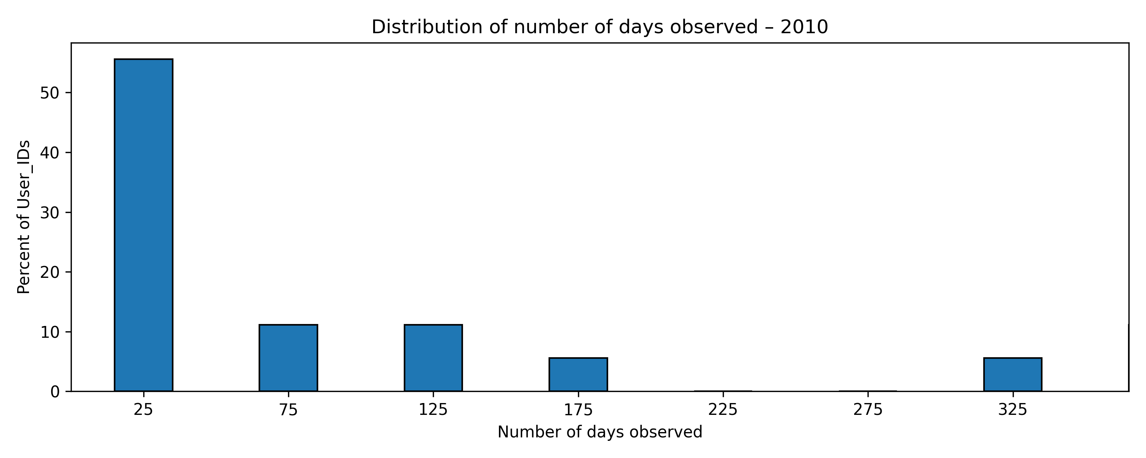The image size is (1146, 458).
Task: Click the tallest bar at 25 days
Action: click(x=144, y=225)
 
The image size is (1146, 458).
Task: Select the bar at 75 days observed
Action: click(x=288, y=358)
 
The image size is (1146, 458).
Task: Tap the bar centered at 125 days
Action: click(x=433, y=358)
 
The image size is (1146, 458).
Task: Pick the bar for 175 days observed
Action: click(x=578, y=374)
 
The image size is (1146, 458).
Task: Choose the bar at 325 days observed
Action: click(x=1013, y=374)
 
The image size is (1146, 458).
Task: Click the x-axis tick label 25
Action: click(x=144, y=410)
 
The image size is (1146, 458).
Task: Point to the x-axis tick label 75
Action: click(x=288, y=410)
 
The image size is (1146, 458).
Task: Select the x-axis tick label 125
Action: click(x=433, y=410)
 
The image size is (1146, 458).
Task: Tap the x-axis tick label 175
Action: click(x=578, y=410)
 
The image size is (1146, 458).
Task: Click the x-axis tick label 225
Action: click(x=723, y=410)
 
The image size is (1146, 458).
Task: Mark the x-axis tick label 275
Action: click(x=868, y=410)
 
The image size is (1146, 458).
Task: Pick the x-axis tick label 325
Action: click(x=1013, y=410)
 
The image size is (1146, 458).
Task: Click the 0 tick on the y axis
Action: click(x=55, y=392)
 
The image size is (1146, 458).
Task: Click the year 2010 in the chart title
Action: click(x=804, y=27)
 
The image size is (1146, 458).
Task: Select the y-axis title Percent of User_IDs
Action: click(x=24, y=217)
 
